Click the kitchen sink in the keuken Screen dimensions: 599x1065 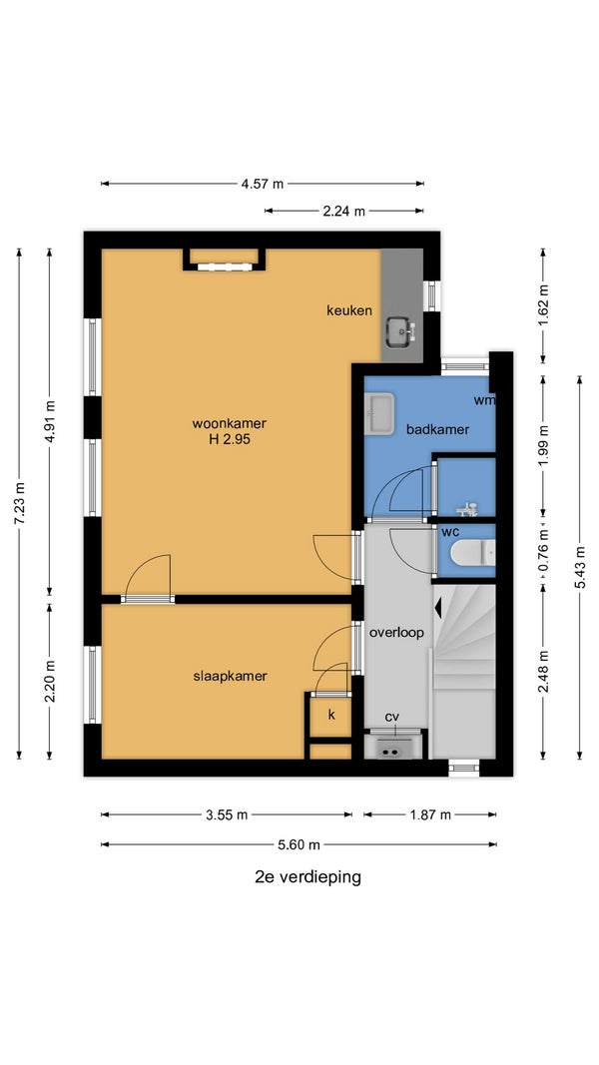[401, 332]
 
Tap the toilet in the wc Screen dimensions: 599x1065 [472, 552]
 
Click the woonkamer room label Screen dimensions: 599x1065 [229, 423]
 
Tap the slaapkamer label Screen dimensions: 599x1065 [230, 676]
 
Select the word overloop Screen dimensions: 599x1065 [396, 633]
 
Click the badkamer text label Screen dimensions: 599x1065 [437, 429]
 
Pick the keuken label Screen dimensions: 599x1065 [349, 310]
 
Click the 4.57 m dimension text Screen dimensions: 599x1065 [263, 184]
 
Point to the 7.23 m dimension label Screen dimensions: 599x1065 [19, 503]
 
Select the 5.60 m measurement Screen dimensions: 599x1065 [299, 845]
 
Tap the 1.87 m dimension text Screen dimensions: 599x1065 [429, 814]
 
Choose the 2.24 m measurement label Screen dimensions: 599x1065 [343, 212]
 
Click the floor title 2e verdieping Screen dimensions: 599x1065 [307, 877]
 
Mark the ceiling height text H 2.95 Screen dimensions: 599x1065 [230, 439]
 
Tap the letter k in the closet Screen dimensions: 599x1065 [331, 714]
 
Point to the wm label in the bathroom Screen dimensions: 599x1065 [484, 400]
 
